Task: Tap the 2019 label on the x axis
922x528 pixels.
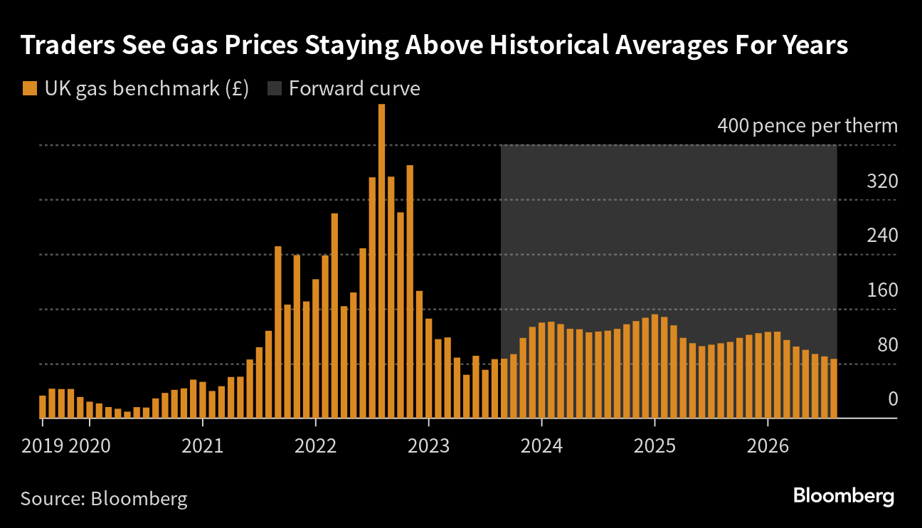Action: (43, 446)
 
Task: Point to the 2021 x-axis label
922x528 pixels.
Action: (202, 446)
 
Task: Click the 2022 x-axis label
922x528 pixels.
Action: (315, 446)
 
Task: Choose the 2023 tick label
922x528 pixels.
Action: (428, 446)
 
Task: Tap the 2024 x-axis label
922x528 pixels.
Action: (541, 446)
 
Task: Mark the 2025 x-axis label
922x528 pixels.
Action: (655, 446)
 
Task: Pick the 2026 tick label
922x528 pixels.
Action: (768, 446)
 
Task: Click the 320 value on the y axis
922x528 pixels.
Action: (882, 181)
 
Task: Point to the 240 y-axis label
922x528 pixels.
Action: (882, 236)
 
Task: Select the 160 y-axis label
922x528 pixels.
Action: (882, 290)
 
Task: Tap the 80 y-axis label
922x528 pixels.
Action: (886, 345)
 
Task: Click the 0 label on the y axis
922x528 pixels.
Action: (893, 399)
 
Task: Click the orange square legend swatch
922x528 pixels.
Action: (29, 89)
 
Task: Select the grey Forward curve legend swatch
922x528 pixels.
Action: (274, 89)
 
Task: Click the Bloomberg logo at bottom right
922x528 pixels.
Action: (843, 496)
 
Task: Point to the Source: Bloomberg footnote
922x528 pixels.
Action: (104, 498)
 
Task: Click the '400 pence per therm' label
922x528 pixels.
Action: (807, 127)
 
